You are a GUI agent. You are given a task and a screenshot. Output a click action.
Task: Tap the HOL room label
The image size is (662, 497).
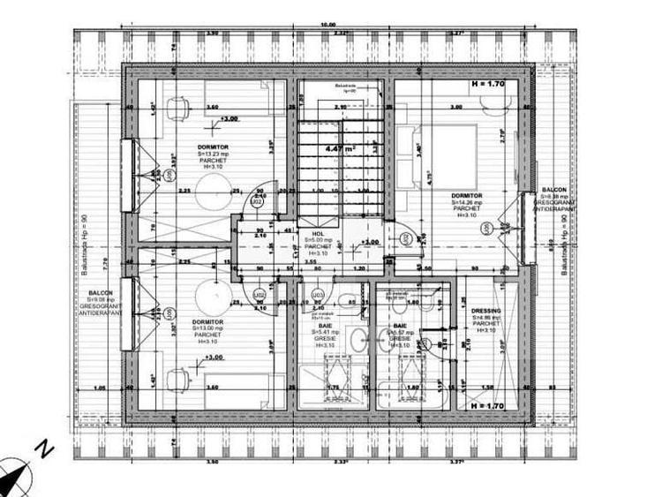point(306,232)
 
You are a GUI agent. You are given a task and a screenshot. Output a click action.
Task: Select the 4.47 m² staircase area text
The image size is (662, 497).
point(340,149)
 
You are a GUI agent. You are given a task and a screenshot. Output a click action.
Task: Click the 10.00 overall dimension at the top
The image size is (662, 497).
point(327,25)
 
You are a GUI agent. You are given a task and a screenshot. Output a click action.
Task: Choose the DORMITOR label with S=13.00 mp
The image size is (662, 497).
point(207,322)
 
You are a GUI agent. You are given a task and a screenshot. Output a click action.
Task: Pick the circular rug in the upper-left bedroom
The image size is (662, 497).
point(213,187)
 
